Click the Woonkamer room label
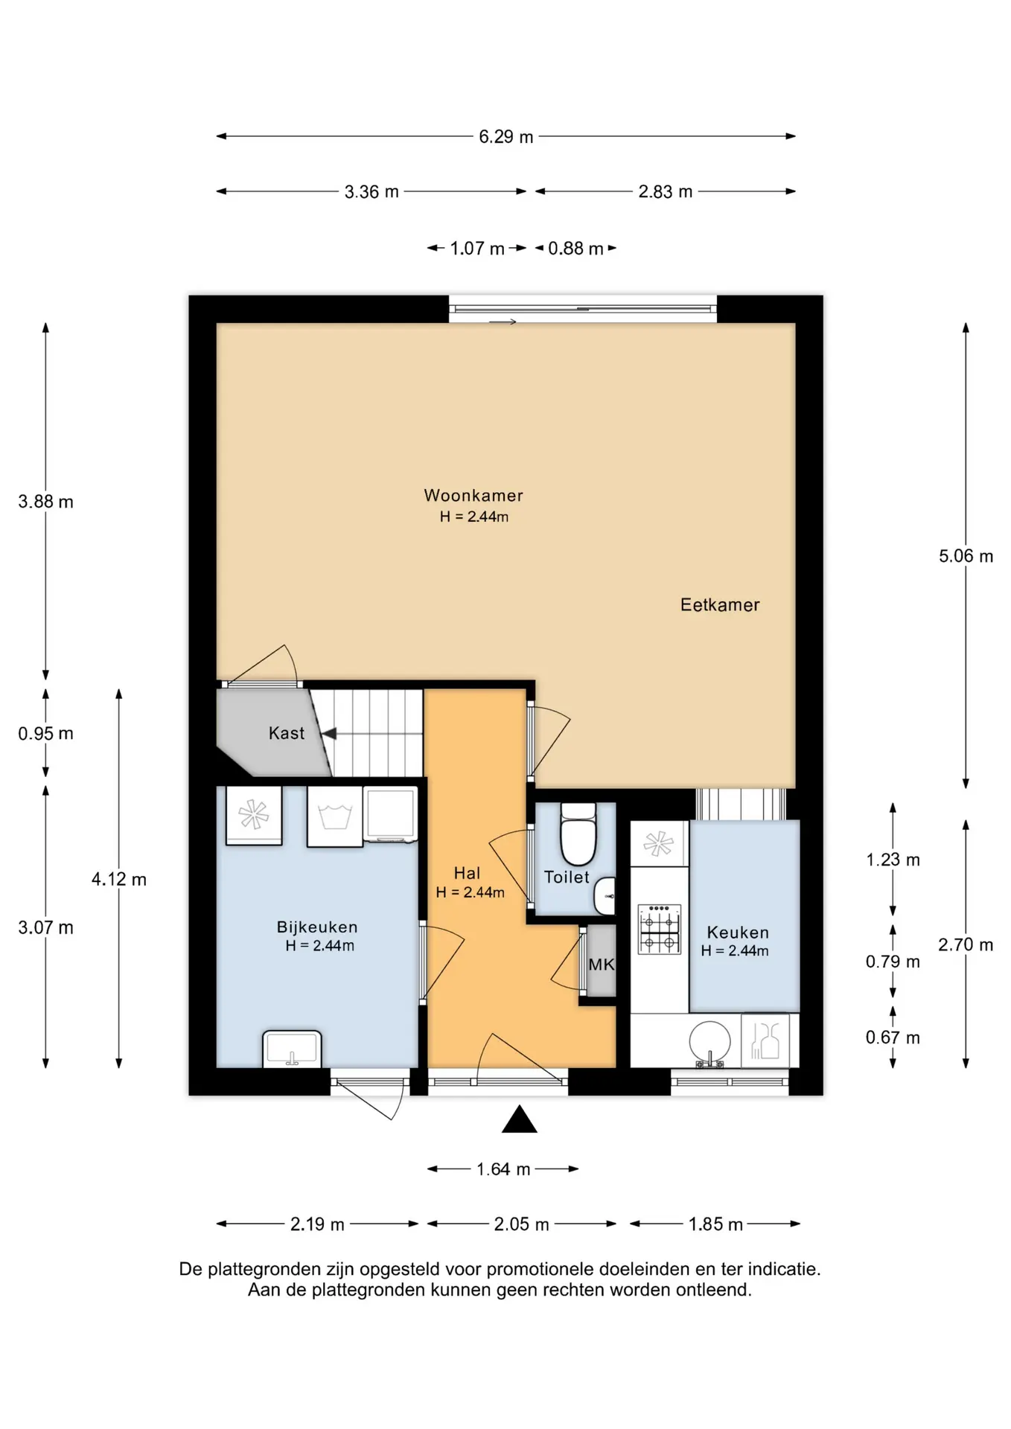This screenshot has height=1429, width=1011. point(473,496)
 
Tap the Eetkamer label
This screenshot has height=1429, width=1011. point(720,605)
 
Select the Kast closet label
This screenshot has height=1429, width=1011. point(287,734)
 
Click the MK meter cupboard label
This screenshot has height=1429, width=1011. point(602,965)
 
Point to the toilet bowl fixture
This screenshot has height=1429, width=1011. point(578,835)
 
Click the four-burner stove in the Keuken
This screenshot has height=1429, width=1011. point(660,929)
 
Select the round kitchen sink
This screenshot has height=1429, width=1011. point(709,1042)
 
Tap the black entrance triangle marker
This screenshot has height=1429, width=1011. point(520,1119)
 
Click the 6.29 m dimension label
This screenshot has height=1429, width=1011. point(506,137)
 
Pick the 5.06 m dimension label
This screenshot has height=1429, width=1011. point(966,556)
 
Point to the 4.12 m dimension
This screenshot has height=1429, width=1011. point(119,879)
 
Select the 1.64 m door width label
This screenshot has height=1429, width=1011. point(503,1169)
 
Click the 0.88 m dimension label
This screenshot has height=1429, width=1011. point(575,249)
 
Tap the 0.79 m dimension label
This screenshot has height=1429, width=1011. point(893,962)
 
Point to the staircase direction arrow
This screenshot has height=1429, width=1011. point(328,734)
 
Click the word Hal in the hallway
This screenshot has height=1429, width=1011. point(468,873)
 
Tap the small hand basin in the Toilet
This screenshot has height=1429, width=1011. point(605,895)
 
